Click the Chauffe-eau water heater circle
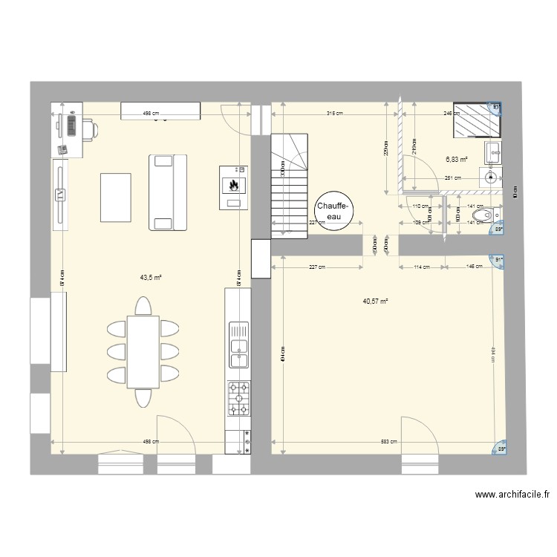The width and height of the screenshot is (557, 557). point(330,210)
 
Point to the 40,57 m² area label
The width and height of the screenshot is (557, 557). point(376,302)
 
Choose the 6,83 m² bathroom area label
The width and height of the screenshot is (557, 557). point(456,159)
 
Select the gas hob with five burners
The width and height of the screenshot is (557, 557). point(238,399)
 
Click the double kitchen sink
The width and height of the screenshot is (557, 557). point(238,344)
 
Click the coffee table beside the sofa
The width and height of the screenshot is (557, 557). point(115,197)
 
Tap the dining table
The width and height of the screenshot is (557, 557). point(143,351)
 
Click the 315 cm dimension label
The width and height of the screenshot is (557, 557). point(334,114)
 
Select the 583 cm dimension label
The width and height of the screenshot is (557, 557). point(388,442)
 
